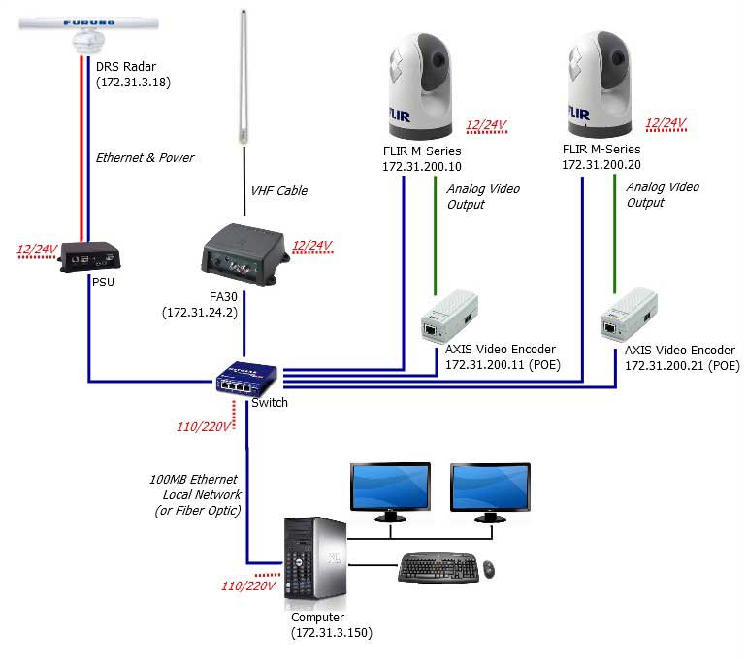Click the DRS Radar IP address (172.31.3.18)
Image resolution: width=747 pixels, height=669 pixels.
tap(133, 84)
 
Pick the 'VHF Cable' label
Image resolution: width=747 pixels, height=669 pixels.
tap(279, 190)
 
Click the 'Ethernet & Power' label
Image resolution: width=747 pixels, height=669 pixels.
tap(145, 157)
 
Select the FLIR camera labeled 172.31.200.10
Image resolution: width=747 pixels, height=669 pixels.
tap(419, 87)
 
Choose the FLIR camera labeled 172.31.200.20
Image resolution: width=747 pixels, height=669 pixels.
tap(601, 87)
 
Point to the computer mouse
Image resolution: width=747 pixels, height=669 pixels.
tap(488, 568)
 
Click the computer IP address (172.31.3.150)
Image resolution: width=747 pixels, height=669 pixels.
tap(332, 633)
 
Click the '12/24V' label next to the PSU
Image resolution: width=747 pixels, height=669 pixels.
tap(37, 250)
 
